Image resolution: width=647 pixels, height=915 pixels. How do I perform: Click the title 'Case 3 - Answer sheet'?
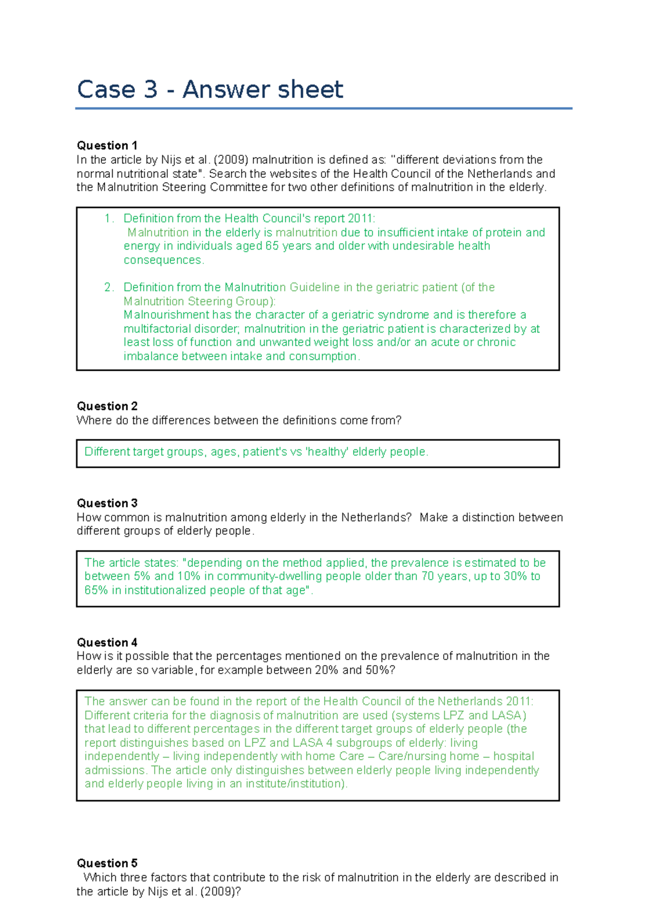click(x=210, y=89)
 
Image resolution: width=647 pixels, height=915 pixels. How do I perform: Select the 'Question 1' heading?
click(x=107, y=145)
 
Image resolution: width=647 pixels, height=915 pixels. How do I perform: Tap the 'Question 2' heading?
click(x=107, y=406)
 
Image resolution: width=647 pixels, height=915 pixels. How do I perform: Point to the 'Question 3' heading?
click(x=107, y=503)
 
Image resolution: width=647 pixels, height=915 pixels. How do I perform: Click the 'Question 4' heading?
click(x=107, y=642)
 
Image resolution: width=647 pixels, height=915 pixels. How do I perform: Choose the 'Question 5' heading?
click(x=107, y=863)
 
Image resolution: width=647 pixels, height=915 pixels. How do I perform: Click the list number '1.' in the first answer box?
click(x=109, y=218)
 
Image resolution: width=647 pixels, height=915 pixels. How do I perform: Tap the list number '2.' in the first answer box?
click(x=109, y=287)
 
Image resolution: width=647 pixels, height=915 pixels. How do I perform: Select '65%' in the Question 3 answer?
click(x=96, y=590)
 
